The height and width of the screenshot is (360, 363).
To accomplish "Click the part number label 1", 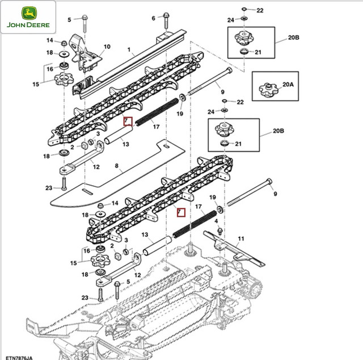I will pyautogui.click(x=129, y=50).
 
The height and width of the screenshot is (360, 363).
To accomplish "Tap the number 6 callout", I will pyautogui.click(x=153, y=18).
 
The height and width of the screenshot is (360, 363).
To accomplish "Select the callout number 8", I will pyautogui.click(x=116, y=166).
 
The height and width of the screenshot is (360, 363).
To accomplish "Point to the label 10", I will pyautogui.click(x=107, y=47).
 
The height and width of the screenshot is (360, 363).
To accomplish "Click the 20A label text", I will pyautogui.click(x=288, y=85).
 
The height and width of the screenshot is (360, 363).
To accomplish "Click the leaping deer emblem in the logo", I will pyautogui.click(x=28, y=14).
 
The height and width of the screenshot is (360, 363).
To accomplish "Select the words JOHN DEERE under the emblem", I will pyautogui.click(x=28, y=26).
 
